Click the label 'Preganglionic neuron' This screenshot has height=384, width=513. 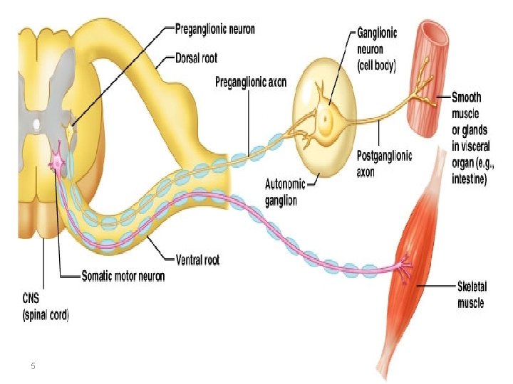coord(214,30)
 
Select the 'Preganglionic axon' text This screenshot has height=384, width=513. coord(251,82)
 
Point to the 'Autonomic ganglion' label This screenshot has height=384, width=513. coord(285,192)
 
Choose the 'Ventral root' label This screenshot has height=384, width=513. coord(197,260)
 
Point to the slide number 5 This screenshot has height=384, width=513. coord(33,366)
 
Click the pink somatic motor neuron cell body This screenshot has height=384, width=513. coord(55,163)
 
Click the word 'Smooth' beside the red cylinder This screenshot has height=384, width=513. coord(466,97)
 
